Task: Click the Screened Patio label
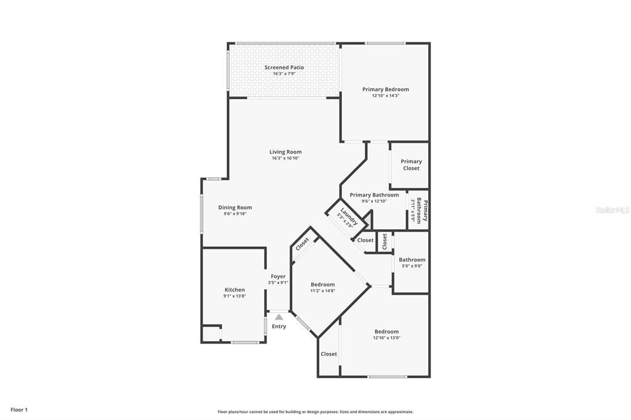pyautogui.click(x=284, y=67)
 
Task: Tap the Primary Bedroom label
pyautogui.click(x=385, y=89)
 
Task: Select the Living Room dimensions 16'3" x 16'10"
pyautogui.click(x=285, y=158)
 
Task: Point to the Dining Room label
pyautogui.click(x=235, y=208)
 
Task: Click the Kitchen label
pyautogui.click(x=234, y=289)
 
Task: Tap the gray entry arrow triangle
pyautogui.click(x=279, y=317)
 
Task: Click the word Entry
pyautogui.click(x=279, y=326)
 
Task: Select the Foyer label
pyautogui.click(x=278, y=277)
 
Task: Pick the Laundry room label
pyautogui.click(x=349, y=217)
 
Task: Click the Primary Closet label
pyautogui.click(x=411, y=165)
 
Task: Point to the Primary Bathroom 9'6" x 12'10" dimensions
pyautogui.click(x=373, y=201)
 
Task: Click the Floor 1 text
pyautogui.click(x=19, y=410)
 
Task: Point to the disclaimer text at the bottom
pyautogui.click(x=315, y=412)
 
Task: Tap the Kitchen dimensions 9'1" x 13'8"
pyautogui.click(x=234, y=296)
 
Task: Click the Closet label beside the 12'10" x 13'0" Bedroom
pyautogui.click(x=328, y=354)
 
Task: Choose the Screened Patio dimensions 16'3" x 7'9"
pyautogui.click(x=284, y=74)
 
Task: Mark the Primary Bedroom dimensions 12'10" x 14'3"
pyautogui.click(x=385, y=96)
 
